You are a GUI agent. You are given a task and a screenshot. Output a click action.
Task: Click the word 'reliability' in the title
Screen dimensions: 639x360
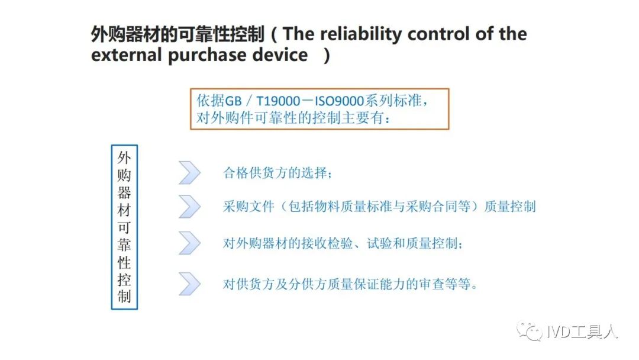(361, 34)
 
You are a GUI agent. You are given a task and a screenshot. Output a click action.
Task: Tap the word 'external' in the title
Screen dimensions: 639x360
(127, 55)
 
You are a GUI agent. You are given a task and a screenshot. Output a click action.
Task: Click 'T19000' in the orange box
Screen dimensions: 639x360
(278, 101)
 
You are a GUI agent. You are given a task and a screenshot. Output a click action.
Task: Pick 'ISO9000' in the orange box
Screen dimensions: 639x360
(339, 101)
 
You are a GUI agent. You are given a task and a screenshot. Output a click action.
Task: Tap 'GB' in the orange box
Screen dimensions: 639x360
(233, 101)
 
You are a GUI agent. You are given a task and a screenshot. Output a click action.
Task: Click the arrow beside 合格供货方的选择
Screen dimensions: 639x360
(189, 172)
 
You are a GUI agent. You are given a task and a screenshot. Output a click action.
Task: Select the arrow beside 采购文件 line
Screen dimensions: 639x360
(189, 206)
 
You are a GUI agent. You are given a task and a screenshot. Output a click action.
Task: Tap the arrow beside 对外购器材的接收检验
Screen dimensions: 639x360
(189, 243)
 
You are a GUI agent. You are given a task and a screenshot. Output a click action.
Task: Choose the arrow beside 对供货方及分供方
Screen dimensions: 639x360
(189, 284)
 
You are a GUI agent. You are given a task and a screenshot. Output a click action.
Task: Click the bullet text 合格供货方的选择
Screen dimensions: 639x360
(277, 173)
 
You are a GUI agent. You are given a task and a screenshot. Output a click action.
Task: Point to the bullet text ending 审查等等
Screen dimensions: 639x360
(350, 284)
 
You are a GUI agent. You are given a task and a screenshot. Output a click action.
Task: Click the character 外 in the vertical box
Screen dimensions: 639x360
(124, 157)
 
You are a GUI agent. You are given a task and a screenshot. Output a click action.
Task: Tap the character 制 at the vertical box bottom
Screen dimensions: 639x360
(124, 297)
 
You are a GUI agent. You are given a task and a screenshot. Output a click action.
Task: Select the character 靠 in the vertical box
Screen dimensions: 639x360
(124, 245)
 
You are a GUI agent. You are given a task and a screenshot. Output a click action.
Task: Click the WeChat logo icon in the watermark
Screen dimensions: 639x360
(530, 331)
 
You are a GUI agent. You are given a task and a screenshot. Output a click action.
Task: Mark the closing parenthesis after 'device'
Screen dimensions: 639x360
(326, 56)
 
